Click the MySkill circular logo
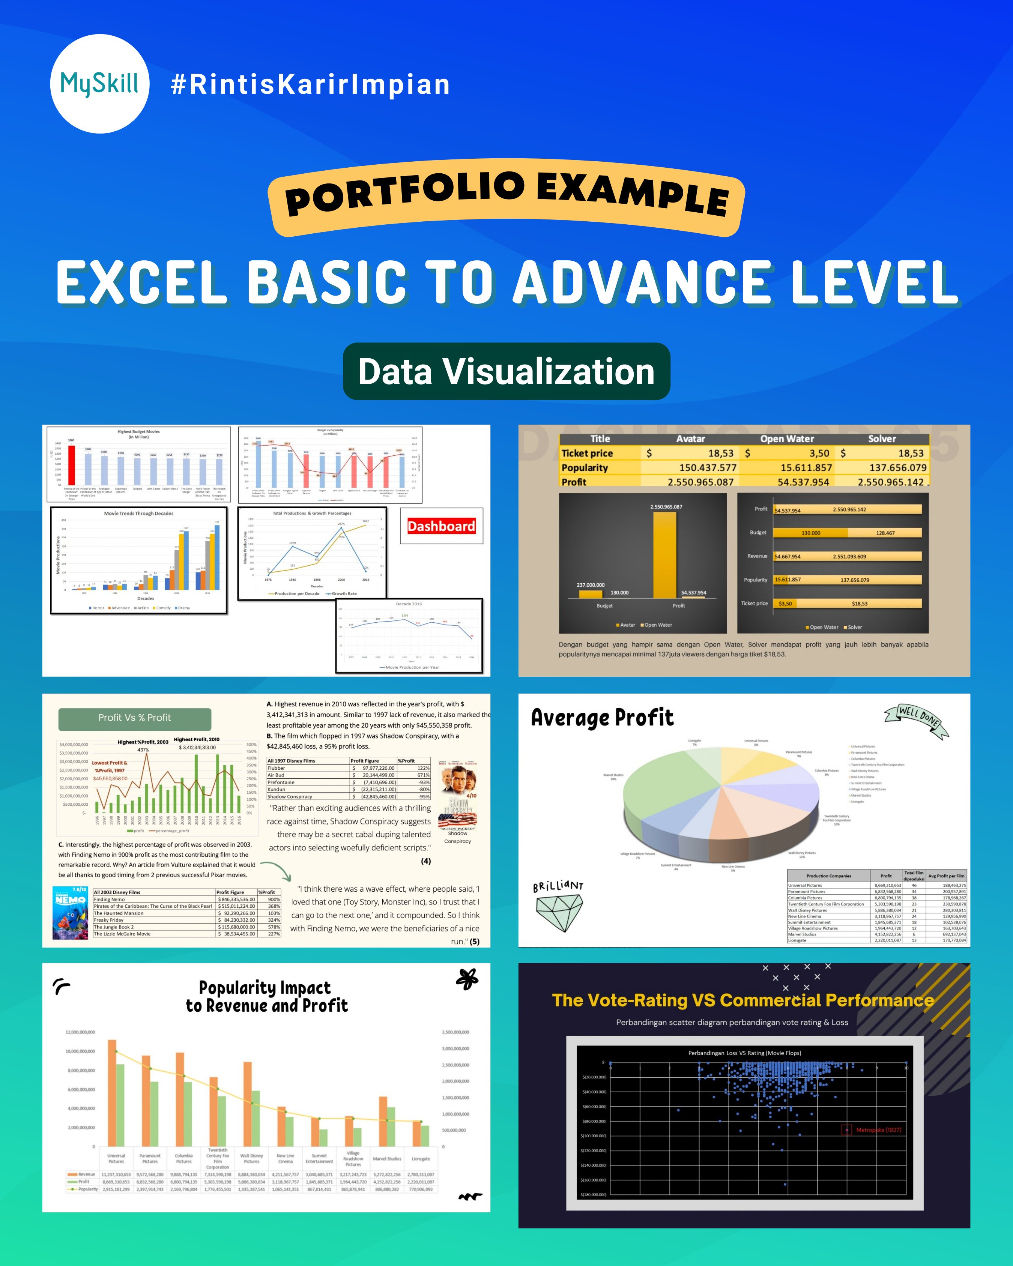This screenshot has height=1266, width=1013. click(x=100, y=84)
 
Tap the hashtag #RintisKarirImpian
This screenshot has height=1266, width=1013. click(x=310, y=84)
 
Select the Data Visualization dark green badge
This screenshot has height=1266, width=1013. click(x=506, y=372)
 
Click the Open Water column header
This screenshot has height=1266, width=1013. click(x=786, y=439)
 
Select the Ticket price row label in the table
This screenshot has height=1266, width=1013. click(x=587, y=453)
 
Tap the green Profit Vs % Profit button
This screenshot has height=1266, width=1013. click(x=134, y=718)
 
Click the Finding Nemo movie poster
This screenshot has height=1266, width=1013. click(x=71, y=913)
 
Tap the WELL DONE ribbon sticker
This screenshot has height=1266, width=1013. click(x=917, y=720)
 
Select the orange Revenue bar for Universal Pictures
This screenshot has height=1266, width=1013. click(x=111, y=1093)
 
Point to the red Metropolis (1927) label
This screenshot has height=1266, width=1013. click(x=878, y=1130)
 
